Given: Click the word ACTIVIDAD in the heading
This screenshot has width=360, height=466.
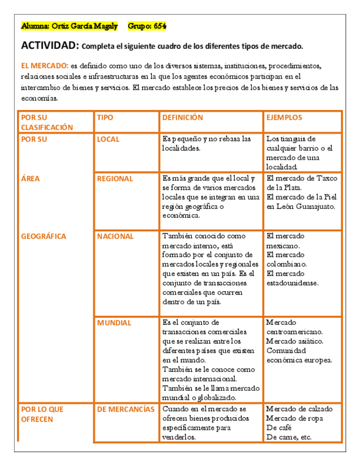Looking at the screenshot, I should [50, 46].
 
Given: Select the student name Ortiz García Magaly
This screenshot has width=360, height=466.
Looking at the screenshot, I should [84, 26].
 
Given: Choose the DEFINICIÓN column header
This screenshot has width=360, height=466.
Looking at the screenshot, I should [183, 118].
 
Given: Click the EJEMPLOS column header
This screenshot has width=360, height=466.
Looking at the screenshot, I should [284, 118].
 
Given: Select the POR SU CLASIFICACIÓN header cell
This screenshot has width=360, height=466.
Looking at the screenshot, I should [47, 122].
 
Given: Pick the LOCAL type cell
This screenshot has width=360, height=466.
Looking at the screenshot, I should [108, 139].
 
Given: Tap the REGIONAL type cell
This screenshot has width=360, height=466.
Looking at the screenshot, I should [115, 179].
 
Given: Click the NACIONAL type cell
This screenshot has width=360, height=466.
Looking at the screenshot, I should [115, 236].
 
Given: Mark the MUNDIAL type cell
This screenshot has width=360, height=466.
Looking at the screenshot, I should [114, 323].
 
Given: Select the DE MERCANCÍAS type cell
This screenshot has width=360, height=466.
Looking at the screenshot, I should [126, 409].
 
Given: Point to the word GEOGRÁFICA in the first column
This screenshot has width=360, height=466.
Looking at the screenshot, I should [43, 236].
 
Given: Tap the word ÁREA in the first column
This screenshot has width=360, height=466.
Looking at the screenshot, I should [30, 179].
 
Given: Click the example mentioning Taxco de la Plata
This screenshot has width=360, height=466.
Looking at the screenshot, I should [302, 182].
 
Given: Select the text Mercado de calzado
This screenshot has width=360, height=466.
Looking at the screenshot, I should [298, 409].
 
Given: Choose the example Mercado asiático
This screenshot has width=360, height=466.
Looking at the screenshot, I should [295, 341].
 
